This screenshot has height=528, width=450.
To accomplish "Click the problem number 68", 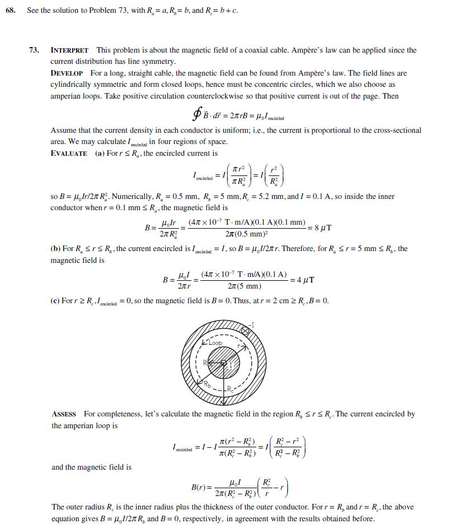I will [x=11, y=11].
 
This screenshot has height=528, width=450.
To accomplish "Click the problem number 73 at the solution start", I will [x=34, y=50].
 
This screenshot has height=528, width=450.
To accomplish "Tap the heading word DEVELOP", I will [x=67, y=73].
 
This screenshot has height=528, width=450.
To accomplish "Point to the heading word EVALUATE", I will [x=69, y=154].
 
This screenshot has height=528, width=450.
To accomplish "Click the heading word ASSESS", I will [x=64, y=414].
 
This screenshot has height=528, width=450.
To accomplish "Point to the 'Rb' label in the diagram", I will [x=207, y=385].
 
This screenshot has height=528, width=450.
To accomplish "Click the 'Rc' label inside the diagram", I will [x=231, y=389].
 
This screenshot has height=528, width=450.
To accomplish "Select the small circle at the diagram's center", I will [x=224, y=363].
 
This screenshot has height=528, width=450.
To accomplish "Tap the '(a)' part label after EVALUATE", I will [x=100, y=154].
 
